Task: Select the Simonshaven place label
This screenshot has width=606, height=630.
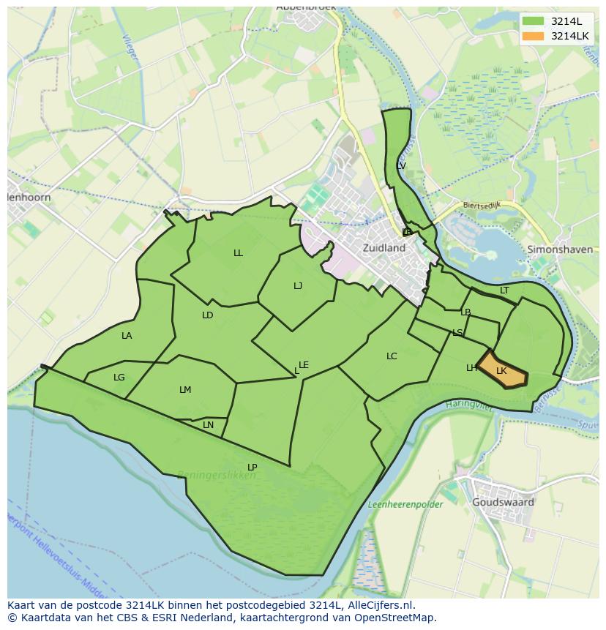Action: tap(559, 250)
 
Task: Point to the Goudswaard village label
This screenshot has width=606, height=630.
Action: tap(503, 503)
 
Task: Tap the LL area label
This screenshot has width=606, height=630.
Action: tap(238, 253)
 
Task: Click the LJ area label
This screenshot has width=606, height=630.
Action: tap(298, 286)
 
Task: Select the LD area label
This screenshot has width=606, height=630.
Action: tap(208, 315)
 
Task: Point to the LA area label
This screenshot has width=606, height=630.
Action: tap(127, 336)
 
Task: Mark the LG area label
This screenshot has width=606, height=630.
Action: tap(119, 378)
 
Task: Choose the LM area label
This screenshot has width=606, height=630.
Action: tap(185, 390)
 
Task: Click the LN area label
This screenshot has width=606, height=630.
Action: tap(209, 425)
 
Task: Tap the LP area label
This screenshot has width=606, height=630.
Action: tap(252, 467)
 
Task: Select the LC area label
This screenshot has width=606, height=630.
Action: tap(392, 356)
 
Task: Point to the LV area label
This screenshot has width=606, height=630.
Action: tap(400, 166)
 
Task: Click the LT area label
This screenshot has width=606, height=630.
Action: tap(504, 290)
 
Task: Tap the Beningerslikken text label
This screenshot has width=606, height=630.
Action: tap(216, 476)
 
